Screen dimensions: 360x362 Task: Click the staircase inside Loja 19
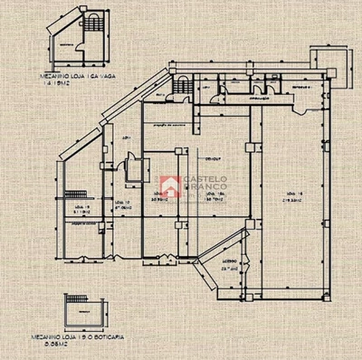pyautogui.click(x=81, y=194)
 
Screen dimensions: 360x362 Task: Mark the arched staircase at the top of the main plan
pyautogui.click(x=182, y=86)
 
